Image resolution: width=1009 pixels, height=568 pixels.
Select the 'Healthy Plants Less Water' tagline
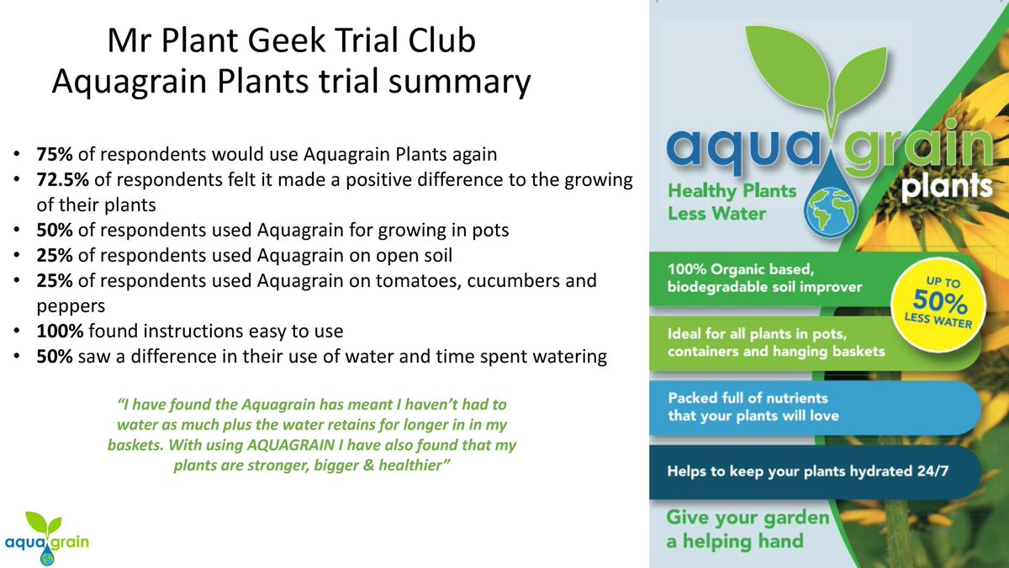point(720,202)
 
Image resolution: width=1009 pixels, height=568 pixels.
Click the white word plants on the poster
point(948,184)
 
